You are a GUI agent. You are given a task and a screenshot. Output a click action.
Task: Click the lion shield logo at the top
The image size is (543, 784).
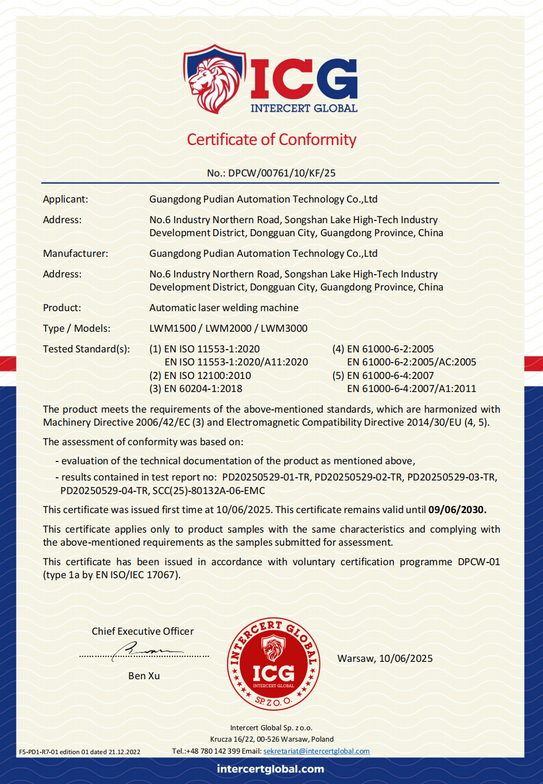pyautogui.click(x=214, y=79)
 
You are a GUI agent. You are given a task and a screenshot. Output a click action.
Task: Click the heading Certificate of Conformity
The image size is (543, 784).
pyautogui.click(x=271, y=140)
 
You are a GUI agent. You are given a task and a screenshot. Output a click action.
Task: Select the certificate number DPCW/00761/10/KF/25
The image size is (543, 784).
pyautogui.click(x=282, y=173)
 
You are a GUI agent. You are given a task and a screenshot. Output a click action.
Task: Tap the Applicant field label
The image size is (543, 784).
pyautogui.click(x=65, y=199)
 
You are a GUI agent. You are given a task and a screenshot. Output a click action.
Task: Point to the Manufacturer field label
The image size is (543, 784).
pyautogui.click(x=75, y=254)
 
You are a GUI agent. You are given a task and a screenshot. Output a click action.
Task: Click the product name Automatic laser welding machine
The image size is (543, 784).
pyautogui.click(x=224, y=308)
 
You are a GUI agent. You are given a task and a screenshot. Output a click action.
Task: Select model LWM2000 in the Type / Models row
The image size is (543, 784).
pyautogui.click(x=228, y=328)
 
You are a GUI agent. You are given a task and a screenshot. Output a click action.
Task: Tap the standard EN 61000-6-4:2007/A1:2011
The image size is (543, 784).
pyautogui.click(x=411, y=389)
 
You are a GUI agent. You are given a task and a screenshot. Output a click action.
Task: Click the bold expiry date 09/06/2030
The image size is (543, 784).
pyautogui.click(x=457, y=510)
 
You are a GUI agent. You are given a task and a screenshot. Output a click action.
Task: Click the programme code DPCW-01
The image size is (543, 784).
pyautogui.click(x=478, y=562)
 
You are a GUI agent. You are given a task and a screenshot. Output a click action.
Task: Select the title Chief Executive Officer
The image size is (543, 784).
pyautogui.click(x=143, y=631)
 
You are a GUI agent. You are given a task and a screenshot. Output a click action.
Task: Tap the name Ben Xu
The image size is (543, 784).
pyautogui.click(x=144, y=676)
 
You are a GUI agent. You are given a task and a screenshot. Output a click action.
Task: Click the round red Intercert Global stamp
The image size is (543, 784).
pyautogui.click(x=274, y=664)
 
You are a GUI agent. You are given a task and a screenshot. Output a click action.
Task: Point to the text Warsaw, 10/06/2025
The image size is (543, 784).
pyautogui.click(x=385, y=659)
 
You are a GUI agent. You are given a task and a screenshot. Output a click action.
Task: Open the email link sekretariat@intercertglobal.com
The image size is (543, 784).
pyautogui.click(x=317, y=751)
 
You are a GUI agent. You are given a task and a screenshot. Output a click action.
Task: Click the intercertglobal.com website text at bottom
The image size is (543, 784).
pyautogui.click(x=270, y=769)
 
